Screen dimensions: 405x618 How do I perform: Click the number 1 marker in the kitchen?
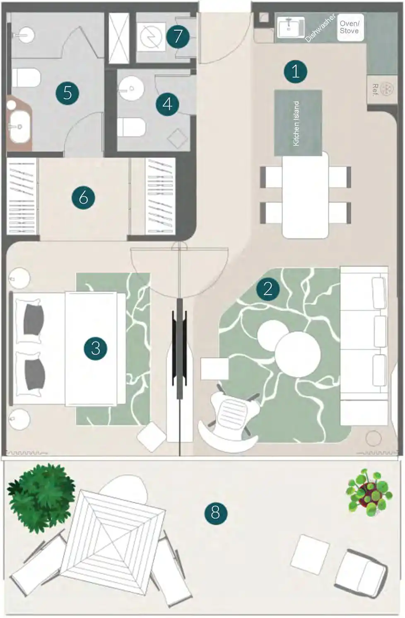[295, 71]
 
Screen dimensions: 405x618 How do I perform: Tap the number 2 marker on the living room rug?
[268, 289]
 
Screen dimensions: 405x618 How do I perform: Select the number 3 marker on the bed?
[95, 348]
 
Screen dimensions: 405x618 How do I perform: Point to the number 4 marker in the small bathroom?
[167, 104]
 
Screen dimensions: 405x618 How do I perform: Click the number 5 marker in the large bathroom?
[67, 93]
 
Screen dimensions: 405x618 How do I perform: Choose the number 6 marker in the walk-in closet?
[83, 197]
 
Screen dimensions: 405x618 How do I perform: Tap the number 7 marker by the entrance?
[178, 36]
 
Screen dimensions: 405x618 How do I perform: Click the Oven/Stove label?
[350, 27]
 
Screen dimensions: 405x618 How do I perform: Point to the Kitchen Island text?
[296, 123]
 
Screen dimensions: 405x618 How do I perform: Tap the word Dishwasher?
[321, 28]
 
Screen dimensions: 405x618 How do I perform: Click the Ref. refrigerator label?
[375, 90]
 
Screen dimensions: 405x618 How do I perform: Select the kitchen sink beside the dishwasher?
[290, 27]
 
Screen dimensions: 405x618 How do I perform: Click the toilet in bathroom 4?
[132, 127]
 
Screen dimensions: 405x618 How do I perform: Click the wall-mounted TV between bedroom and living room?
[179, 348]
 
